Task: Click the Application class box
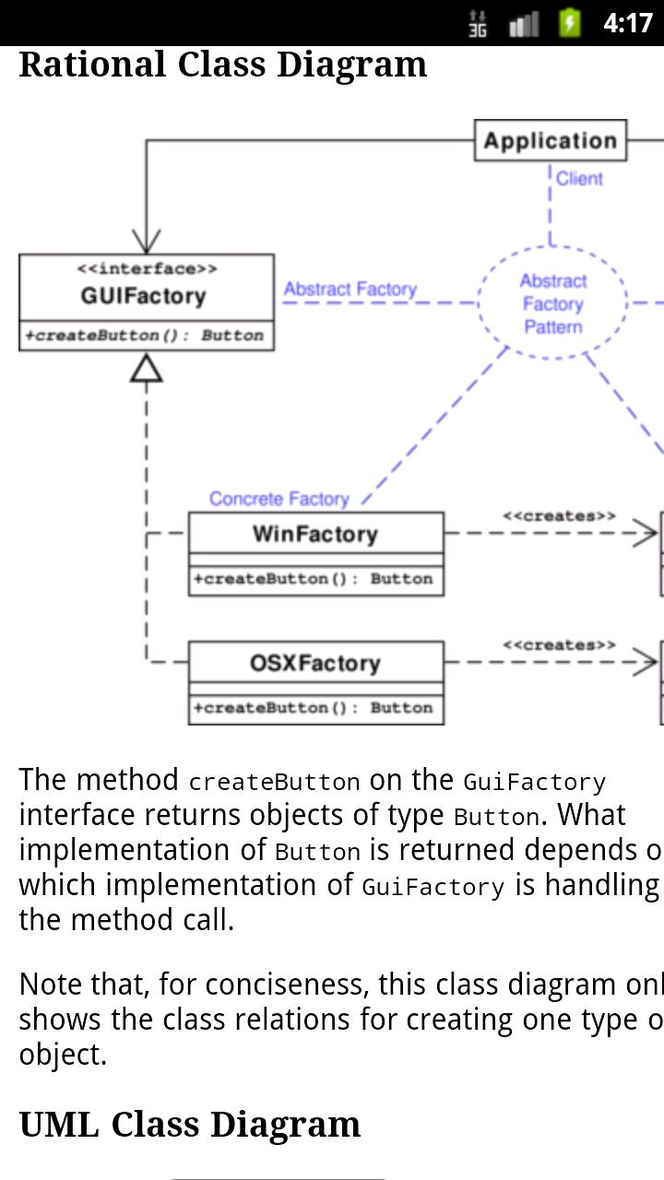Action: click(551, 141)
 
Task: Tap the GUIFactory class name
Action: click(143, 296)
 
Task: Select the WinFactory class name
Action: click(315, 534)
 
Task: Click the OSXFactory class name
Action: click(315, 663)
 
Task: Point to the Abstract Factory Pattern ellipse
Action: click(552, 303)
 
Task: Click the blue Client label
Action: click(579, 179)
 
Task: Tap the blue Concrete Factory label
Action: click(279, 499)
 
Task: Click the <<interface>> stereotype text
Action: click(147, 269)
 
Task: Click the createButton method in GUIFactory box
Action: click(144, 336)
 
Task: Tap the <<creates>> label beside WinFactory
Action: click(559, 516)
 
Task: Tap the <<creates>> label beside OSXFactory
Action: click(559, 645)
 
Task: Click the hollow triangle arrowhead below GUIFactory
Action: click(147, 369)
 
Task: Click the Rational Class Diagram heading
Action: click(222, 65)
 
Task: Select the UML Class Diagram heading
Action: click(189, 1125)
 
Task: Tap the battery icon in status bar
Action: click(570, 22)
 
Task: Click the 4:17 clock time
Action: click(627, 22)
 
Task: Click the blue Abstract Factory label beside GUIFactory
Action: click(350, 289)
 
